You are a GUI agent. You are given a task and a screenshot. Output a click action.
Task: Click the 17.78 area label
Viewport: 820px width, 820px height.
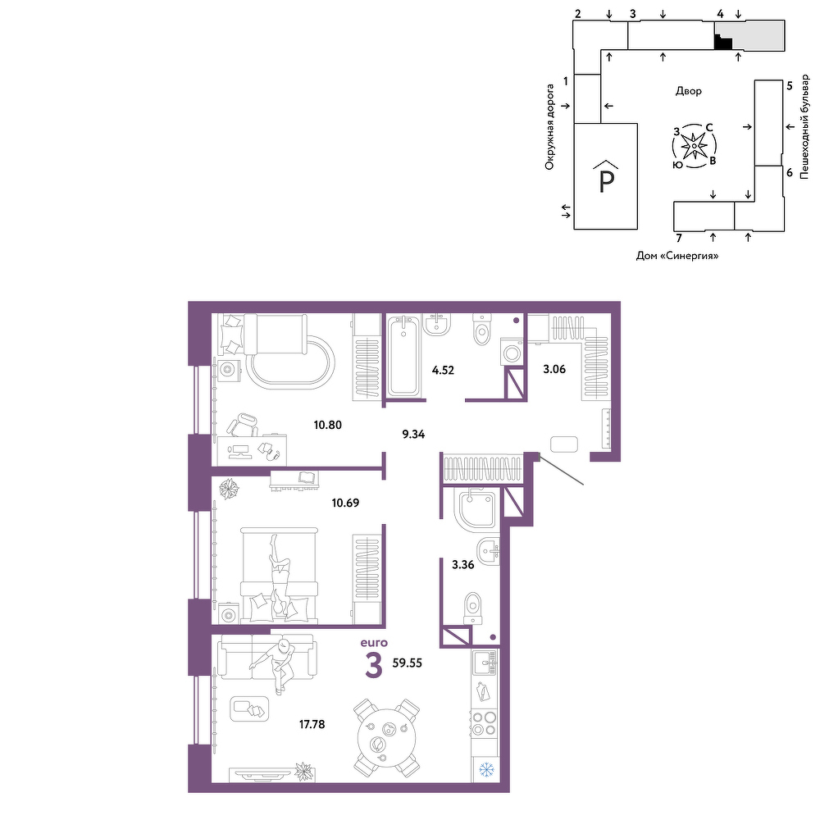point(312,724)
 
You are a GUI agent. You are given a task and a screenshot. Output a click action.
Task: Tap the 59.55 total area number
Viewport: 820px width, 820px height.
point(407,663)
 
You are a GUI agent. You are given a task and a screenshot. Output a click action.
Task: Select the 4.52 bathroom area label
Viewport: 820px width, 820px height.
point(443,371)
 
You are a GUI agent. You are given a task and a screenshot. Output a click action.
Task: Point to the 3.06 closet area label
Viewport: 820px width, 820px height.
point(554,369)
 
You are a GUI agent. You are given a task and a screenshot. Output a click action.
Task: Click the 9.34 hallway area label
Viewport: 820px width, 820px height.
point(413,434)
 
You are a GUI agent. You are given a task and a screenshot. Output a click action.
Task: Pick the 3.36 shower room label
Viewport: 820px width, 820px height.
point(462,565)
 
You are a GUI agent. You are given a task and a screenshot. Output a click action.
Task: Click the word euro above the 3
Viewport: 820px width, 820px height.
point(374,643)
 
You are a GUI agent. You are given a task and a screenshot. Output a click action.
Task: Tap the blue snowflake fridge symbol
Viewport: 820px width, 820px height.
point(486,769)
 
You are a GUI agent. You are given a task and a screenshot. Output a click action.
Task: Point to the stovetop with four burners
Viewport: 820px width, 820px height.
point(484,724)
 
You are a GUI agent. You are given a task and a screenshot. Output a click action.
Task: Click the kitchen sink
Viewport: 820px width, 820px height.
point(485,663)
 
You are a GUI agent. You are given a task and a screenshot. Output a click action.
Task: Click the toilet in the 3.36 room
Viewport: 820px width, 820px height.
point(473,608)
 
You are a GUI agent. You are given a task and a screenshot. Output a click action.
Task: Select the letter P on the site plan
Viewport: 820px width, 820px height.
point(606,181)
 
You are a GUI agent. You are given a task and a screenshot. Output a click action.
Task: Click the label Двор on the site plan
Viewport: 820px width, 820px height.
point(688,91)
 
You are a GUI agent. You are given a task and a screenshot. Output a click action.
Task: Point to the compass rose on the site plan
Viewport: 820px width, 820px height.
point(694,146)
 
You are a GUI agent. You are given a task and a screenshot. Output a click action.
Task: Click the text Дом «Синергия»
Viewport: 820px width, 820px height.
point(677,256)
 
